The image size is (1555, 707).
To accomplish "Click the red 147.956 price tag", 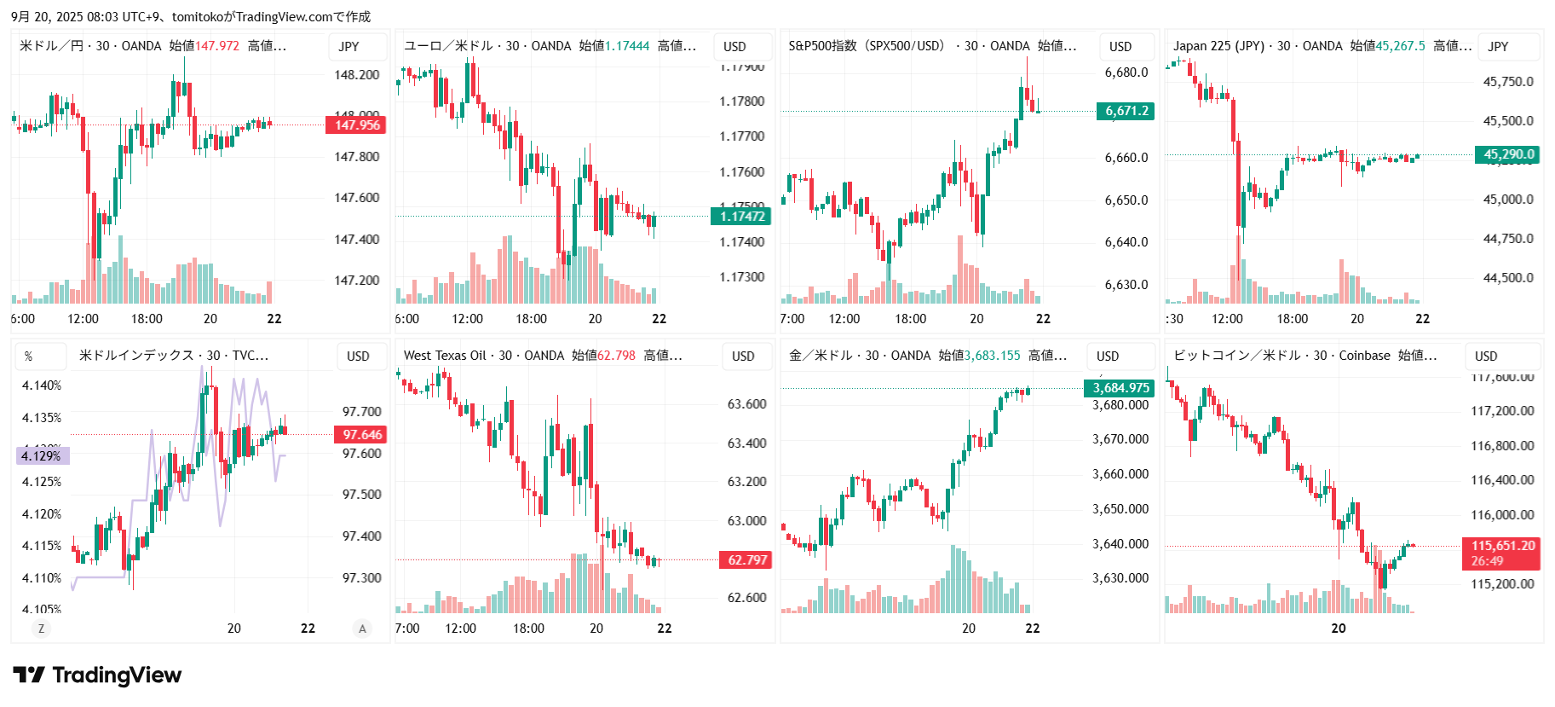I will coord(355,125).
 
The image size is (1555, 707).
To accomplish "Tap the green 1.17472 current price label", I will coord(740,217).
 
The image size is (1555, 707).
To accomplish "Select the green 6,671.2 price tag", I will coord(1126,111).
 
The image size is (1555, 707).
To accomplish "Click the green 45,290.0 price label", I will coord(1508,154).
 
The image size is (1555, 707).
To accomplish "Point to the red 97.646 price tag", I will coord(361,435).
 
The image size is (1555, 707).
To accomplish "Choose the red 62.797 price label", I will coord(746,560).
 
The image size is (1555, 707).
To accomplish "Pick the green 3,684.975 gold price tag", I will coord(1120,388).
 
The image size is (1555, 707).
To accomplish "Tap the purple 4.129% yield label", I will coord(42,456).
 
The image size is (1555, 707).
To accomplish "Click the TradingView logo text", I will coord(117,675).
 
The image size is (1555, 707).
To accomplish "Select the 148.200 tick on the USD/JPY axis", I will coord(356,75).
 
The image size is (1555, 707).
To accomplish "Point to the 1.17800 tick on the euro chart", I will coord(741,101).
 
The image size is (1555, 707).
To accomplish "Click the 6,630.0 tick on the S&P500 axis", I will coord(1126,285).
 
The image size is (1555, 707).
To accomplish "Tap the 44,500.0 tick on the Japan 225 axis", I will coord(1508,278).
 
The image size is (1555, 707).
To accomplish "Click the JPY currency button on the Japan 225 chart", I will coord(1498,47).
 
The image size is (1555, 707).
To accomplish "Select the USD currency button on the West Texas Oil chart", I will coord(743,356).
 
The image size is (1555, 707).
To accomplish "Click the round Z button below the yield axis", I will coord(41,629).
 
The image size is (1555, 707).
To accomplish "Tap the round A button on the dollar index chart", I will coord(362,629).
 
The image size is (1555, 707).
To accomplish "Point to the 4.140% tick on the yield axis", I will coord(42,385).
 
